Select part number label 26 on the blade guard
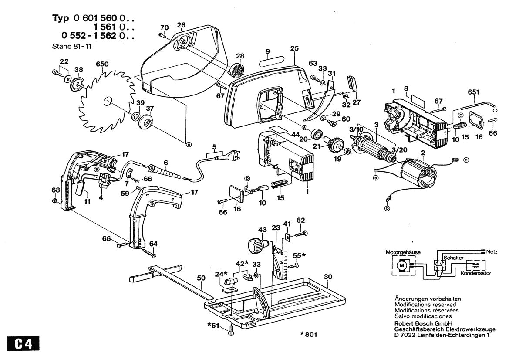pyautogui.click(x=181, y=25)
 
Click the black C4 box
pyautogui.click(x=20, y=343)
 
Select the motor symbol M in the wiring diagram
pyautogui.click(x=401, y=265)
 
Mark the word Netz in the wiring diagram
pyautogui.click(x=493, y=251)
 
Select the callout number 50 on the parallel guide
pyautogui.click(x=200, y=278)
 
